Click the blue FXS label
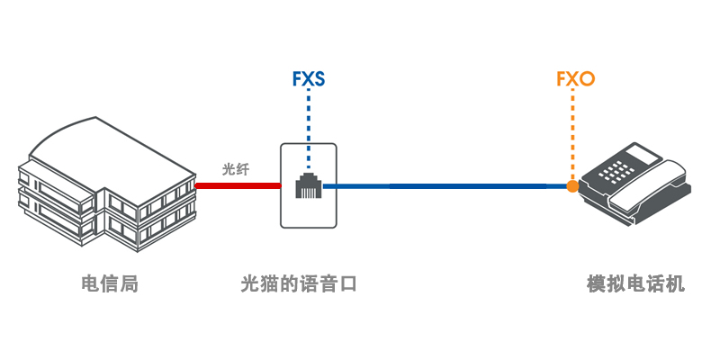click(x=308, y=79)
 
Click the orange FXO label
click(x=575, y=79)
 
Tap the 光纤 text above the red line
click(x=236, y=168)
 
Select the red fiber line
click(x=238, y=186)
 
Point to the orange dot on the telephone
click(x=571, y=186)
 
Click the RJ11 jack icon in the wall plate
click(x=308, y=186)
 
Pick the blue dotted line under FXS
click(x=308, y=126)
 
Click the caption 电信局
click(x=109, y=284)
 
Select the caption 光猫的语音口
click(x=300, y=284)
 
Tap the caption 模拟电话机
click(x=635, y=284)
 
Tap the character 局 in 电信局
click(x=129, y=284)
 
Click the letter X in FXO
click(x=573, y=79)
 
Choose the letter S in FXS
click(x=319, y=79)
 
